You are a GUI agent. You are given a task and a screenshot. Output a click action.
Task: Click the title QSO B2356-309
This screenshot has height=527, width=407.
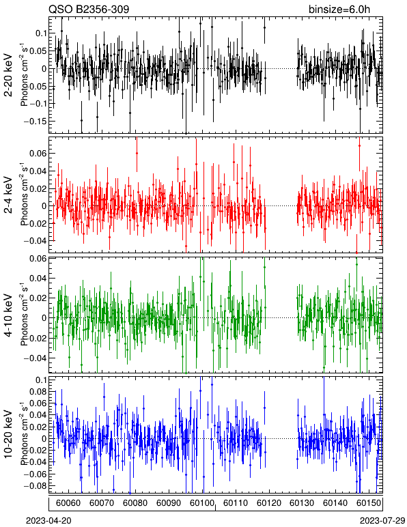pos(89,9)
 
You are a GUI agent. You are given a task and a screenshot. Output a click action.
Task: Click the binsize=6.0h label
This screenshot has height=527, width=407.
pos(339,9)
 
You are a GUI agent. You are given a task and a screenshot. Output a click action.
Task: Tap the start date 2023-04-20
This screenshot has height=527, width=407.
pos(48,521)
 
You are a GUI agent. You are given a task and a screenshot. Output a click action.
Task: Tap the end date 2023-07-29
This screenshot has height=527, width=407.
pos(382,521)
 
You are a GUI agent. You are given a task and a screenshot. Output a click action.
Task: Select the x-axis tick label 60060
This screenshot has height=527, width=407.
pos(68,503)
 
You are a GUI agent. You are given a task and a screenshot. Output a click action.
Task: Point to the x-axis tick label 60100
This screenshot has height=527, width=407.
pos(202,503)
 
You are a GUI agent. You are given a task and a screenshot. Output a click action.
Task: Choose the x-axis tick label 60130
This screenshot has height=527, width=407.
pos(302,503)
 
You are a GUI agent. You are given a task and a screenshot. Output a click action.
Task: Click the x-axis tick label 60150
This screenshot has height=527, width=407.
pos(369,503)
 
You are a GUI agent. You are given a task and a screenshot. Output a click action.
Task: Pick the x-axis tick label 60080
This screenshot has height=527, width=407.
pos(135,503)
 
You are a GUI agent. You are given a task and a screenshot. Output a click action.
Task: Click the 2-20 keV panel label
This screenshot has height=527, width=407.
pos(8,75)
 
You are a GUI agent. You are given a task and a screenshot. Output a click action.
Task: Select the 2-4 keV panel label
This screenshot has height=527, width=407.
pos(8,195)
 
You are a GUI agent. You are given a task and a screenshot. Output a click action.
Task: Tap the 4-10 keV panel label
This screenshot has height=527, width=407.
pos(8,315)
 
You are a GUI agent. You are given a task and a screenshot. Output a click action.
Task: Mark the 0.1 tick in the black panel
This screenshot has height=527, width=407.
pos(41,33)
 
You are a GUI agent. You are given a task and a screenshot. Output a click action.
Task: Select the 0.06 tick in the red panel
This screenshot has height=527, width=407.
pos(38,154)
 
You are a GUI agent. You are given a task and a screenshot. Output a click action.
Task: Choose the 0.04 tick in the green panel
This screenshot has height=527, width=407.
pos(38,279)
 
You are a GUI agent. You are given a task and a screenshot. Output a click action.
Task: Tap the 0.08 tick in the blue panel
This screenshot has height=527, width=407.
pos(38,392)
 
